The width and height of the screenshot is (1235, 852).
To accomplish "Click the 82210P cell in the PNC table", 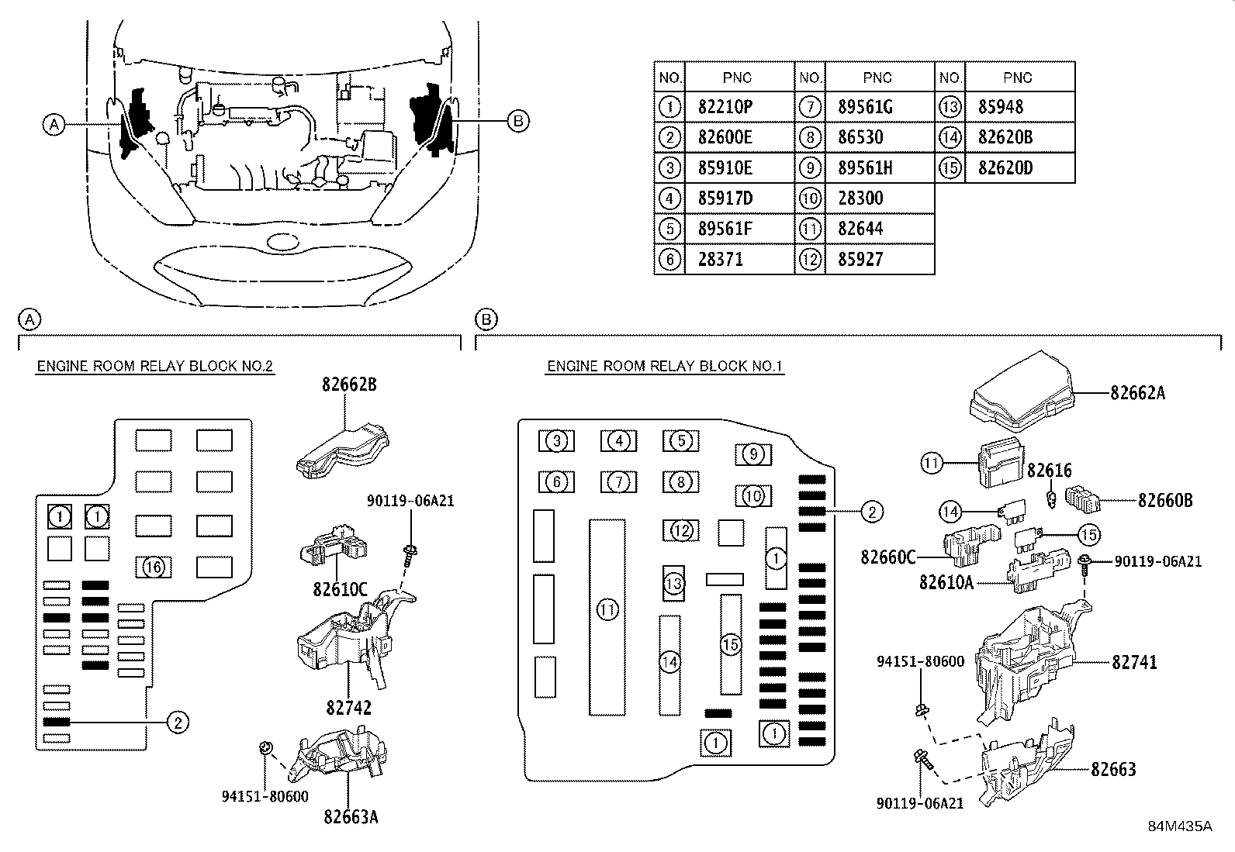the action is [725, 107].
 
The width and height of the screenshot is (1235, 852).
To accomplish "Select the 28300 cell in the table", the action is [860, 198].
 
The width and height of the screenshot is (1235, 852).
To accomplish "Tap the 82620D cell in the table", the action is [1005, 168].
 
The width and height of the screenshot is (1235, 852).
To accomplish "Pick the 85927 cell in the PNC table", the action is [860, 260].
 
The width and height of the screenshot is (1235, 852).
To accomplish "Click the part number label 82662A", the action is [1137, 393].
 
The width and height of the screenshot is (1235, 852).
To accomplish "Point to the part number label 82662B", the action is [349, 385].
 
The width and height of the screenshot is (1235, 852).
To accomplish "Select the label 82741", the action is [1134, 662].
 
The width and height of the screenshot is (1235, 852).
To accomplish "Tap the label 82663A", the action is [351, 817].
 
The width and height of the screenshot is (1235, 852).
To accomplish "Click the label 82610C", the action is [340, 590].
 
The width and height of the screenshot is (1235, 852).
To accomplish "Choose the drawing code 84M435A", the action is [1180, 826].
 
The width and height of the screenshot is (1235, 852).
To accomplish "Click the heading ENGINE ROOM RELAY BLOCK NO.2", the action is [155, 367].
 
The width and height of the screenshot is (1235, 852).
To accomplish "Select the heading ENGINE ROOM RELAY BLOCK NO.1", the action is [665, 367].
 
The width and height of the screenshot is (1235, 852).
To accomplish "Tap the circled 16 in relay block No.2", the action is [154, 567].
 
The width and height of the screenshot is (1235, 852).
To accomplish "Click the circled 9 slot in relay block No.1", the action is [753, 454].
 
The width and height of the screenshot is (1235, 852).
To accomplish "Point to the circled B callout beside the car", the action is [517, 121].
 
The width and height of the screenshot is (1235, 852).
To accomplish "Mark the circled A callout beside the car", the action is [54, 125].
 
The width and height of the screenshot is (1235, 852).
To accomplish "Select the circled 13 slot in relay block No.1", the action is [673, 583].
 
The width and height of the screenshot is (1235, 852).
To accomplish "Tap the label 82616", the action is [1049, 471].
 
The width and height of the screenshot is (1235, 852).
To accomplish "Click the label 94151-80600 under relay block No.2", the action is [265, 796].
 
